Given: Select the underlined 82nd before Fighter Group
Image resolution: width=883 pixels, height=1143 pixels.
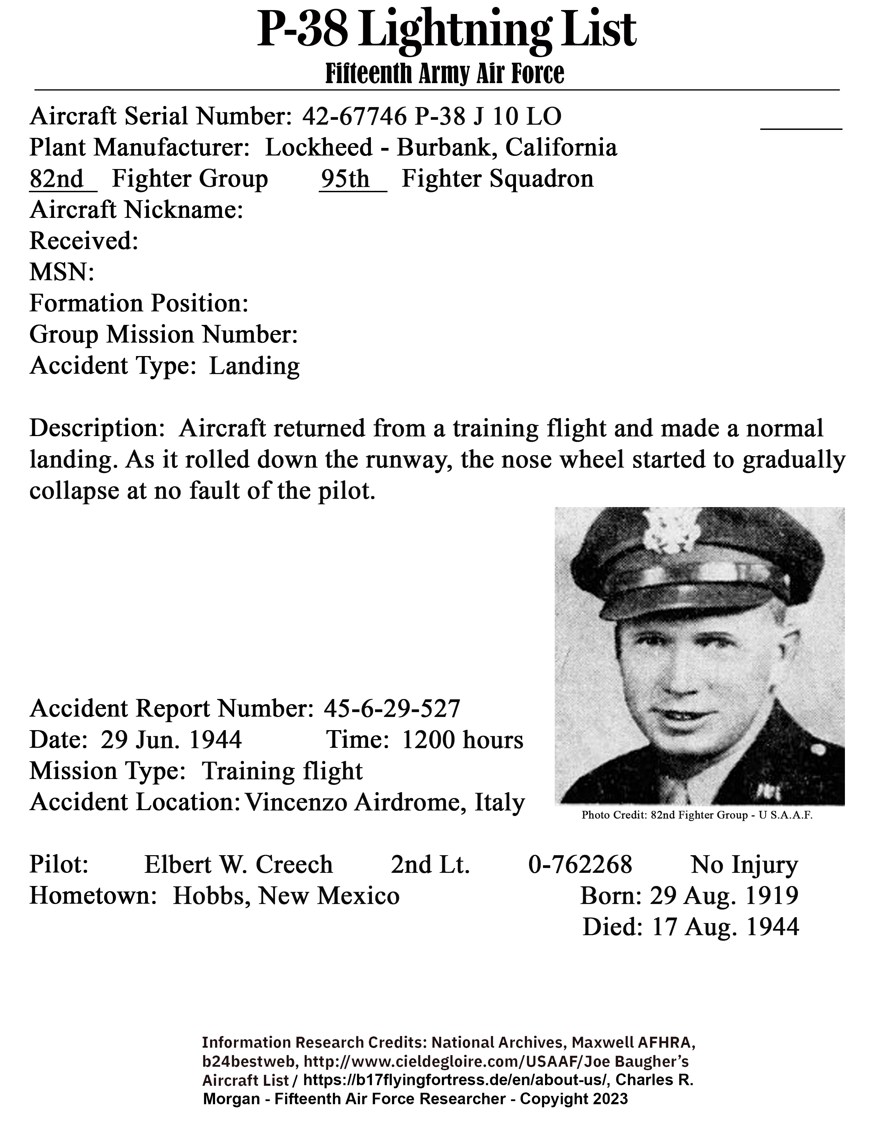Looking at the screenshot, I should click(x=56, y=179).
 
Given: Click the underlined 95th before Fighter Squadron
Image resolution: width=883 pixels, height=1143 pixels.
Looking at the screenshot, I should click(x=345, y=179).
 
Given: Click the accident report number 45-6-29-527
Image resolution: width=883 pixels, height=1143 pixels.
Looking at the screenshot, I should click(x=392, y=709).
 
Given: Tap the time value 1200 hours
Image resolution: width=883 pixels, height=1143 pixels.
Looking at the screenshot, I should click(x=462, y=740).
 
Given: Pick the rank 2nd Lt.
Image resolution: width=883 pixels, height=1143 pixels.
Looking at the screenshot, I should click(x=430, y=865).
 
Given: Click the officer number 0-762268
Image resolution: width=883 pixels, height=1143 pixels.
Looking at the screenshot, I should click(x=580, y=865).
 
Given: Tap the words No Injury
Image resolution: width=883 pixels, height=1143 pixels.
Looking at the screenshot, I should click(x=744, y=865).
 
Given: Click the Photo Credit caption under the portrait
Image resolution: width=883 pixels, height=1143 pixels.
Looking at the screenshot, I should click(x=697, y=815).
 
